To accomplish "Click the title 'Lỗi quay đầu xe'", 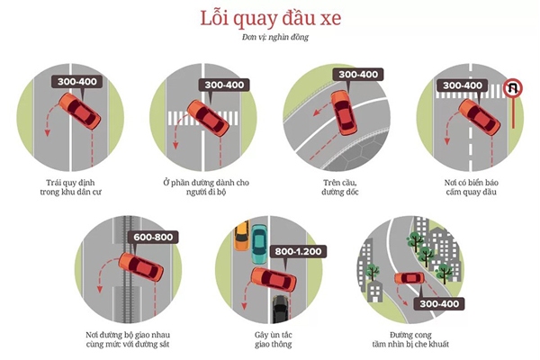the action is (x=271, y=18).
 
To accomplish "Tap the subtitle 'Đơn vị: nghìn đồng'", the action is (x=274, y=37).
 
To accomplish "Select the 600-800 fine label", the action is (x=153, y=237).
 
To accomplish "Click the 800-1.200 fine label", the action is (x=298, y=251).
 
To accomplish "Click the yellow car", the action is (x=241, y=236).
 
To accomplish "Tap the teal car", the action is (x=259, y=244).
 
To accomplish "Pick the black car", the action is (x=280, y=309).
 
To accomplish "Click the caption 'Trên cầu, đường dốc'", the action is (x=340, y=187).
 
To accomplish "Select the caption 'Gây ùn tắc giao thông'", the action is (x=274, y=339).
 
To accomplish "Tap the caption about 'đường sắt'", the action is (x=128, y=339).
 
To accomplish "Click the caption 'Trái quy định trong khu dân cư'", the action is (x=70, y=187).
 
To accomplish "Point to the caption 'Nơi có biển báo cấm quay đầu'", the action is (x=471, y=187).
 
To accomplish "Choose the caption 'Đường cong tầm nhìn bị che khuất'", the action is (x=410, y=339).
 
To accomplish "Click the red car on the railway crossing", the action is (x=141, y=267).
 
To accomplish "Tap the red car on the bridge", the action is (x=344, y=113).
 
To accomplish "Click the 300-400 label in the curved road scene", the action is (x=439, y=304).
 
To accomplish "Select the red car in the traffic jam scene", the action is (x=274, y=279).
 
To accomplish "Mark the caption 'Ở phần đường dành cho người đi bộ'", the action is (x=206, y=187).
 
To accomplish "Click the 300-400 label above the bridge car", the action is (x=358, y=75).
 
